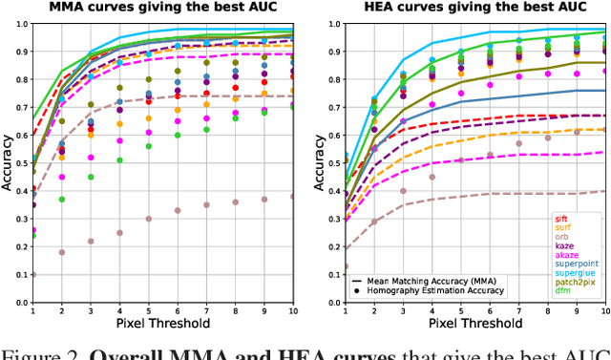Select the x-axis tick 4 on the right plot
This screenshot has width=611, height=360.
(432, 311)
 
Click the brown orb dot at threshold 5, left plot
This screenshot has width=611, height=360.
(148, 219)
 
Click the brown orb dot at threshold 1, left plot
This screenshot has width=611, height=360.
(33, 275)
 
